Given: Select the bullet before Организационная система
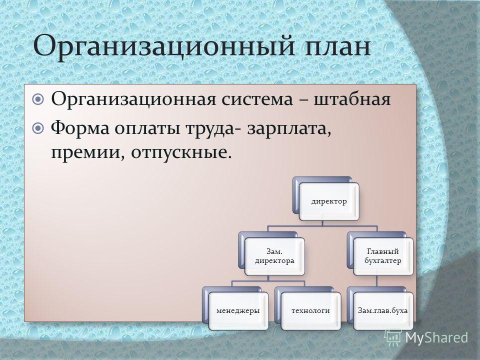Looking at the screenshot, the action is point(38,99).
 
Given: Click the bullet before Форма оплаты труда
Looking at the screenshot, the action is point(38,128).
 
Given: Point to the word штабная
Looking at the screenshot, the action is point(352,99).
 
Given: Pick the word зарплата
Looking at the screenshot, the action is point(289,128).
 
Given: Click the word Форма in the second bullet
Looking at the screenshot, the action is point(79,128).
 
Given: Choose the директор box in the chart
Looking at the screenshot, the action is point(329,201).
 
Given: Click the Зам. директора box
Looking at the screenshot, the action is point(274,256).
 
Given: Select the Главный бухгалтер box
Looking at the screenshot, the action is point(383,256).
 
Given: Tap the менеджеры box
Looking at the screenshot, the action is point(238,311).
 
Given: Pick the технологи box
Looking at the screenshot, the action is point(310,311).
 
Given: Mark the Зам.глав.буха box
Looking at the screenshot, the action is point(383,311).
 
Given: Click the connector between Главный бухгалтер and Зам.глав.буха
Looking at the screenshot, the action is point(377,281).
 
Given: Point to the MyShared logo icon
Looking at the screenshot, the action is point(393,338).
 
